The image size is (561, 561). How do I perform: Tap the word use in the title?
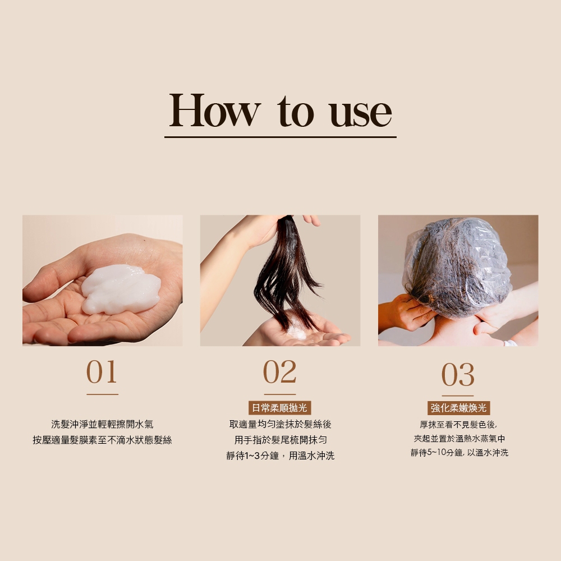pyautogui.click(x=361, y=113)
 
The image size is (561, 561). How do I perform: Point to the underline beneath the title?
pyautogui.click(x=280, y=137)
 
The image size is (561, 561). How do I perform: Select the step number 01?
pyautogui.click(x=102, y=372)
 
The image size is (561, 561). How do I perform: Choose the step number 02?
pyautogui.click(x=280, y=372)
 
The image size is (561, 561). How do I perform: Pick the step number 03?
pyautogui.click(x=458, y=374)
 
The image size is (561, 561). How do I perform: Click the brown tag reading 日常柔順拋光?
pyautogui.click(x=280, y=408)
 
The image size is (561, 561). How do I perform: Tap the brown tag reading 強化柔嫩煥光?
pyautogui.click(x=459, y=408)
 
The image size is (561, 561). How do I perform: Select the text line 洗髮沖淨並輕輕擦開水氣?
pyautogui.click(x=102, y=424)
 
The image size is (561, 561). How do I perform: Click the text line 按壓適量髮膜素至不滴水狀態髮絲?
pyautogui.click(x=102, y=440)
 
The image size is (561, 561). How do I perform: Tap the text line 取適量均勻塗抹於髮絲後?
pyautogui.click(x=280, y=424)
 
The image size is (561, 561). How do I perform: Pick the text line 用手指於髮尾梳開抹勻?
pyautogui.click(x=280, y=440)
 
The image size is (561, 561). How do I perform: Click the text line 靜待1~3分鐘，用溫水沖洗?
pyautogui.click(x=280, y=456)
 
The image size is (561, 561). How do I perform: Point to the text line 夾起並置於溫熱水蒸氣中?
pyautogui.click(x=459, y=439)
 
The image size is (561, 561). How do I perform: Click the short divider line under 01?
pyautogui.click(x=102, y=394)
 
